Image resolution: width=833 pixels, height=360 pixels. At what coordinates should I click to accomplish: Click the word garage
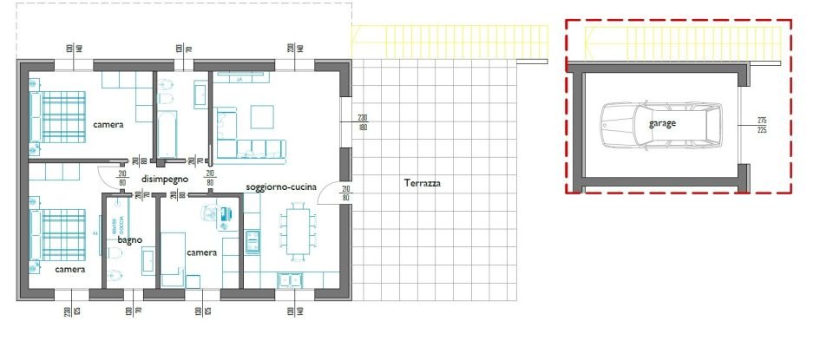coord(662,123)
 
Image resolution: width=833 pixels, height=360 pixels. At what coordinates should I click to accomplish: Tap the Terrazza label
coord(423,183)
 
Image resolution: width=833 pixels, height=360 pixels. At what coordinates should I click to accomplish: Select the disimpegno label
coord(165,179)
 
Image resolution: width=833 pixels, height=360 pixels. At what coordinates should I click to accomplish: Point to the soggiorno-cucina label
coord(279,187)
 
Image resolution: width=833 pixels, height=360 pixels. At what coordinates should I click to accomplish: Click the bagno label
coord(130,239)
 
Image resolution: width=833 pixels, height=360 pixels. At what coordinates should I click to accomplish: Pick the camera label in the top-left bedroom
coord(108,124)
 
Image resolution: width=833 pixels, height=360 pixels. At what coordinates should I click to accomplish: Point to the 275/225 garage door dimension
coord(762,124)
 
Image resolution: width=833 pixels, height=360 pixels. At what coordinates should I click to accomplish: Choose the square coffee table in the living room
coord(262,115)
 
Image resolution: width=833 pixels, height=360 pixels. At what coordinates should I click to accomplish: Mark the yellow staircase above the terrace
coord(449,40)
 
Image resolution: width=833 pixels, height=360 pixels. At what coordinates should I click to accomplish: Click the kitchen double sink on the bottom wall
coord(290,279)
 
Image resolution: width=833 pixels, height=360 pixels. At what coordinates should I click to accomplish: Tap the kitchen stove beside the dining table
coord(253,239)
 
